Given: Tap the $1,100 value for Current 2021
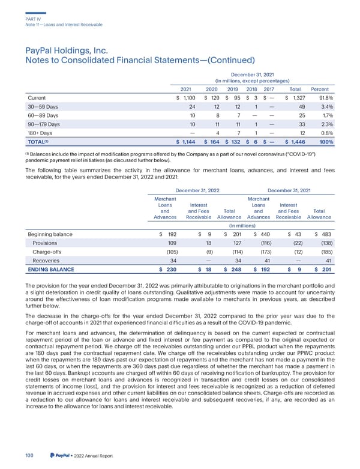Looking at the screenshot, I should pos(188,98).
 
